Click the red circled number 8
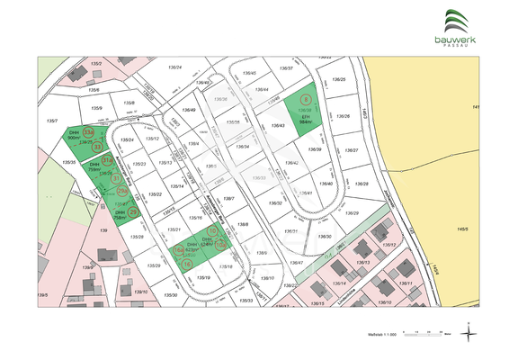(306, 100)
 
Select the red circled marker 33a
(102, 133)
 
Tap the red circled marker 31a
(107, 160)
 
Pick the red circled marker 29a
(123, 191)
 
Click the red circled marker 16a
(178, 251)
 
